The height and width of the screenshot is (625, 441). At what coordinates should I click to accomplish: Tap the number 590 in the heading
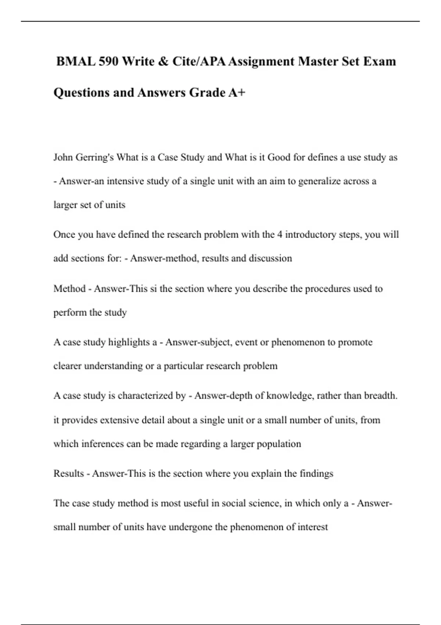pyautogui.click(x=108, y=61)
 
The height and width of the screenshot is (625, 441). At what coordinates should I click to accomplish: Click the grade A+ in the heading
pyautogui.click(x=236, y=92)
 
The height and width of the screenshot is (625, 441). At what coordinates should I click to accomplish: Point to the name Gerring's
pyautogui.click(x=94, y=157)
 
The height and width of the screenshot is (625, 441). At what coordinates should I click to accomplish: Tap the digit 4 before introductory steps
pyautogui.click(x=280, y=235)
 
